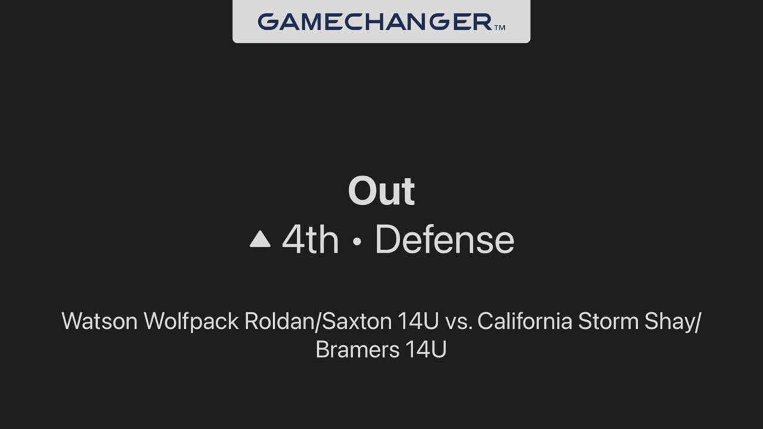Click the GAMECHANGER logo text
(x=375, y=22)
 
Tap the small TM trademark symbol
(x=500, y=27)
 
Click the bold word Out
(x=381, y=191)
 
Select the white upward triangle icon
(x=260, y=239)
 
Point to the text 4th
(x=311, y=240)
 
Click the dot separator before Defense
(x=356, y=241)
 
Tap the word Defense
(x=445, y=240)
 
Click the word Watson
(x=100, y=321)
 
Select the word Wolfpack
(x=191, y=322)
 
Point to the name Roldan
(x=279, y=321)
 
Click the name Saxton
(x=357, y=321)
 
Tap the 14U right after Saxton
(x=418, y=321)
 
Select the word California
(x=525, y=321)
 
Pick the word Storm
(x=608, y=321)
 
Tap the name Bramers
(x=357, y=350)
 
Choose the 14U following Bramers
(x=426, y=350)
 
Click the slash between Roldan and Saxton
(x=318, y=322)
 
